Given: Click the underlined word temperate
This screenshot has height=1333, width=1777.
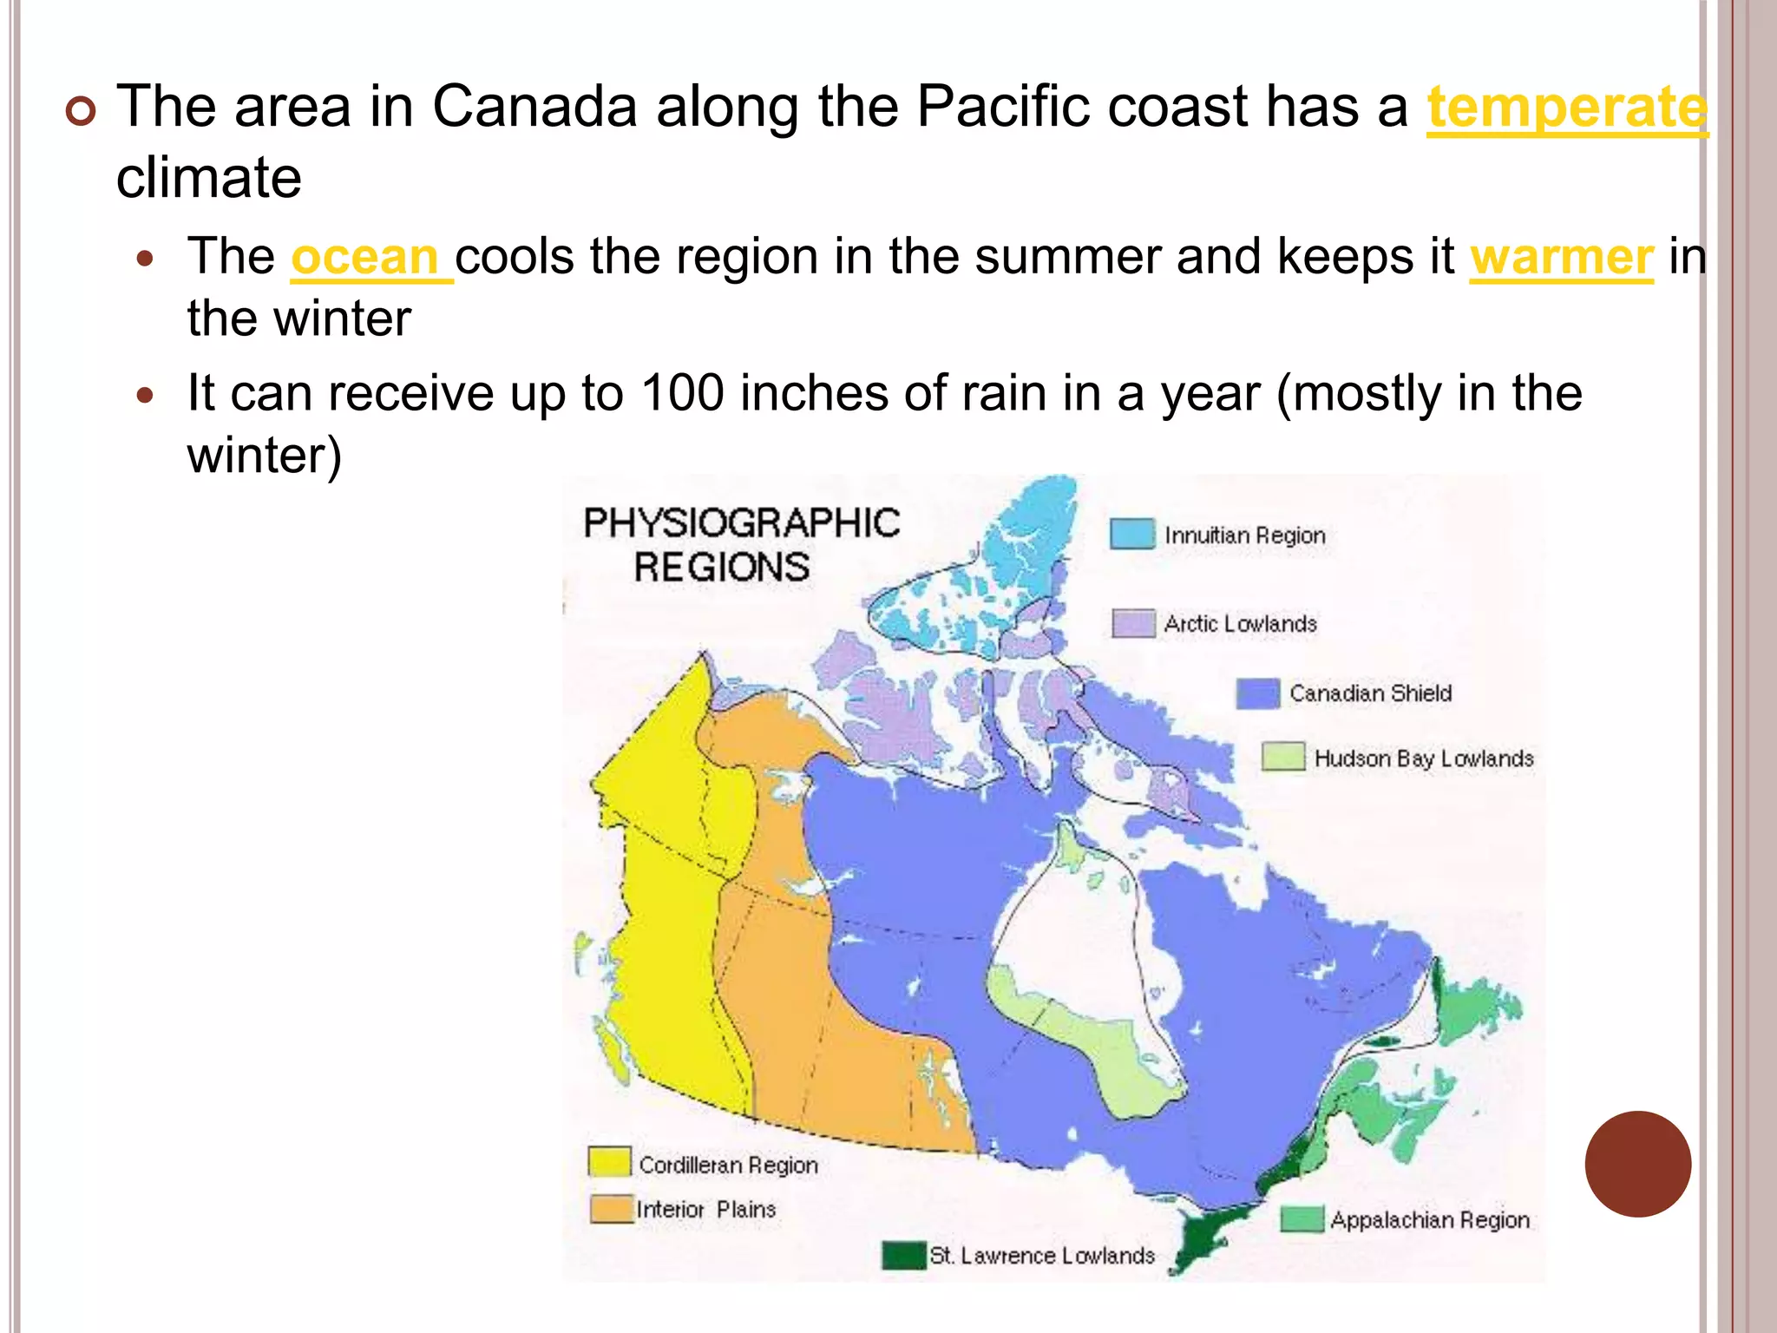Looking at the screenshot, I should tap(1567, 108).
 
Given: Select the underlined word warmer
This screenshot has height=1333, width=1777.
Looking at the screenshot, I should tap(1561, 258).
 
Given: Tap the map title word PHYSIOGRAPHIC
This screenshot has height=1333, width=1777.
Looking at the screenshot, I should tap(741, 523).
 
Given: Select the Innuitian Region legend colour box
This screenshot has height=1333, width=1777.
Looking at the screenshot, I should tap(1132, 534).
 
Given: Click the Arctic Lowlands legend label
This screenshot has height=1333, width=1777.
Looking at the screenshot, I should tap(1240, 624).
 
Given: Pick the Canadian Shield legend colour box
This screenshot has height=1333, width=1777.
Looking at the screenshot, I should tap(1257, 693).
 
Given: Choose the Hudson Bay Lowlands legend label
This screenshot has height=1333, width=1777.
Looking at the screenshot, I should tap(1423, 758).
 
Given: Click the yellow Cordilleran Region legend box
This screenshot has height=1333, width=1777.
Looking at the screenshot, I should tap(609, 1161).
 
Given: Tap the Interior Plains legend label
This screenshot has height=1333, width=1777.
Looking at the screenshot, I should tap(705, 1210).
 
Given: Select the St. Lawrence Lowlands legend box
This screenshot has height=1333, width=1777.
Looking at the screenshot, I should tap(903, 1255).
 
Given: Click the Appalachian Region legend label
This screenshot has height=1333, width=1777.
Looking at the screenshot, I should tap(1429, 1220).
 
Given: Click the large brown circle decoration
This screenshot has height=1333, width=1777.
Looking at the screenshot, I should tap(1637, 1164).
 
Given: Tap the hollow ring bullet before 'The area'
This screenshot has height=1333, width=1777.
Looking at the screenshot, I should tap(82, 112).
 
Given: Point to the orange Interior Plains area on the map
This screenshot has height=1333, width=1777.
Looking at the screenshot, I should tap(781, 998).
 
